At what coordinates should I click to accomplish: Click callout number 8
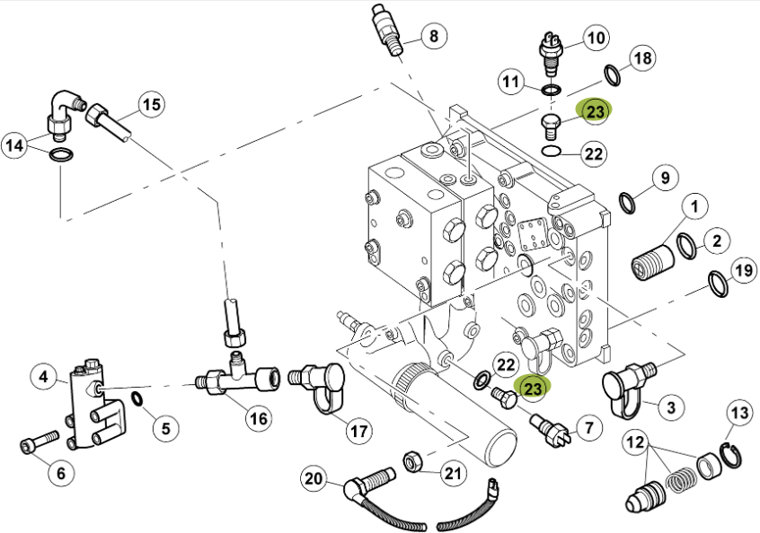click(433, 35)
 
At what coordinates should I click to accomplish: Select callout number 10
click(596, 38)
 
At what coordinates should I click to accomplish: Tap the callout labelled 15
click(152, 104)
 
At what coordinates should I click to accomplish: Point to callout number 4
click(44, 376)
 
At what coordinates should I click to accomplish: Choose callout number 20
click(314, 478)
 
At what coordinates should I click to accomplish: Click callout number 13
click(739, 413)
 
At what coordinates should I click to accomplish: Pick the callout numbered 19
click(743, 271)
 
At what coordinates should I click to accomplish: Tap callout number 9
click(665, 178)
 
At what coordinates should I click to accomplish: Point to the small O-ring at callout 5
click(137, 399)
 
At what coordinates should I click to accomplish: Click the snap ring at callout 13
click(731, 455)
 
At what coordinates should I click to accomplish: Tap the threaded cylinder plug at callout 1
click(652, 262)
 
